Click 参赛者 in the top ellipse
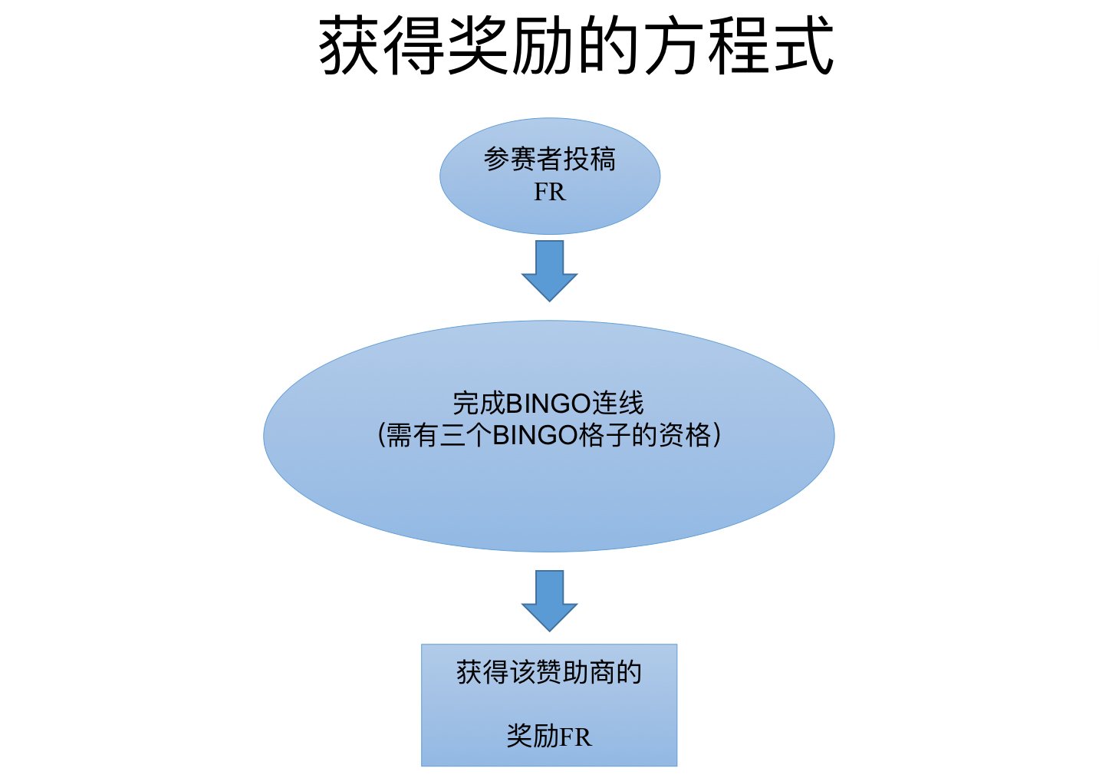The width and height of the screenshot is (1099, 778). click(x=523, y=159)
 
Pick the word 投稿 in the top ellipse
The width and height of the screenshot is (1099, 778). click(x=590, y=159)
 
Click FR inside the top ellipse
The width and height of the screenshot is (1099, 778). click(x=549, y=192)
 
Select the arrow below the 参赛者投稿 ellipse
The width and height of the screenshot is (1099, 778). click(x=549, y=270)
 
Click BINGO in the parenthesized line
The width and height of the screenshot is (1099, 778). click(x=535, y=435)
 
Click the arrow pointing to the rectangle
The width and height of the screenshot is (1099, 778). click(x=549, y=600)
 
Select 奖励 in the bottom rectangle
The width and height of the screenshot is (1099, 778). click(x=532, y=737)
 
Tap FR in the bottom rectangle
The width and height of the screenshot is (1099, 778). click(x=575, y=737)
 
